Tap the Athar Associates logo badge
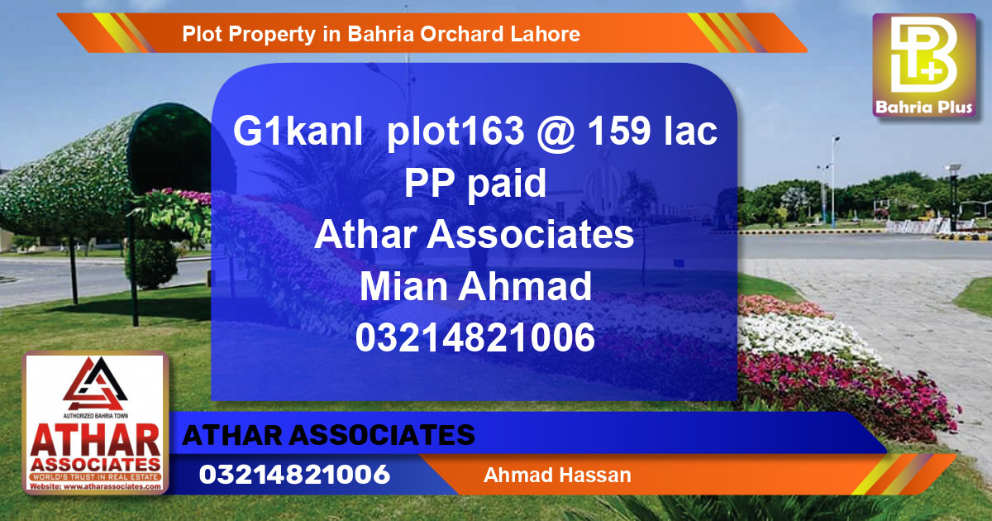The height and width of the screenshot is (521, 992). [x=95, y=423]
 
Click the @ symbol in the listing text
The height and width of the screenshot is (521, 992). [x=555, y=133]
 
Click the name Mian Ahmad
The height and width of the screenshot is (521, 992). [x=475, y=287]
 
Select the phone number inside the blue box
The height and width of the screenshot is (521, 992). [x=475, y=338]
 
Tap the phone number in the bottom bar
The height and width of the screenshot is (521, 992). [x=294, y=475]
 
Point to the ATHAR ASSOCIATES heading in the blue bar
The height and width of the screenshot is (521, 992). [x=328, y=435]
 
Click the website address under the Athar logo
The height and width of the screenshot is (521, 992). [x=95, y=486]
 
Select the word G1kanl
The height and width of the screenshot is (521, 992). [x=298, y=133]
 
